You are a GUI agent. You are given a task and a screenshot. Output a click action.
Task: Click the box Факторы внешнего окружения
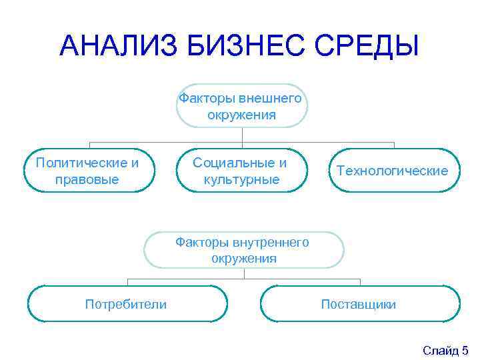[241, 106]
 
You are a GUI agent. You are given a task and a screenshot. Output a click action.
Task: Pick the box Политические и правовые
[89, 171]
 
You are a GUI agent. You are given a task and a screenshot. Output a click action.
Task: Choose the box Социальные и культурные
[241, 171]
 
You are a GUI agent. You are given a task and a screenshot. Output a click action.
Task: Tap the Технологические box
[393, 171]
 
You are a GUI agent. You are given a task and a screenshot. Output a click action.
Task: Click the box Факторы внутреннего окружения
[243, 250]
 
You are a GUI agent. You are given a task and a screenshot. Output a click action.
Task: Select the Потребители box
[127, 304]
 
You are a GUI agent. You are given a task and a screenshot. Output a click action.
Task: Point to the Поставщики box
[359, 304]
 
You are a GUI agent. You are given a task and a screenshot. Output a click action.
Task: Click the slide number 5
[465, 350]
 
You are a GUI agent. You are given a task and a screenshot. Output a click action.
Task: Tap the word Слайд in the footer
[440, 350]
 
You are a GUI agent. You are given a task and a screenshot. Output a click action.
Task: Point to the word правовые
[89, 179]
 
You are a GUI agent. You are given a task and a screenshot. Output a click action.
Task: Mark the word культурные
[241, 179]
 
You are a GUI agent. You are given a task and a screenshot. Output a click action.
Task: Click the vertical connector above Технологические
[394, 145]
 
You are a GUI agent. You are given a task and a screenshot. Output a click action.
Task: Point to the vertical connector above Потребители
[127, 281]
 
